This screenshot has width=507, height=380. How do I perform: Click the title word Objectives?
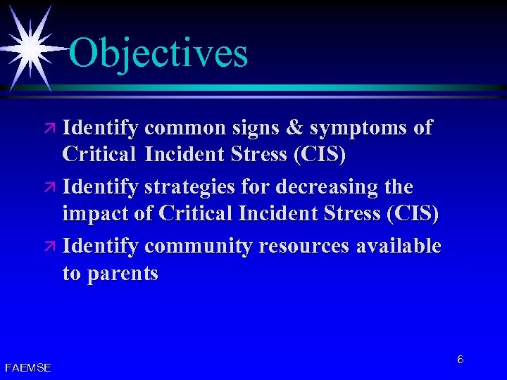pyautogui.click(x=158, y=53)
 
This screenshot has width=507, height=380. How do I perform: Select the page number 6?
pyautogui.click(x=460, y=360)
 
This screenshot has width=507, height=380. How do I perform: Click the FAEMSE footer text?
pyautogui.click(x=27, y=367)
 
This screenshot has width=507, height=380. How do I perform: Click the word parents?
pyautogui.click(x=122, y=274)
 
